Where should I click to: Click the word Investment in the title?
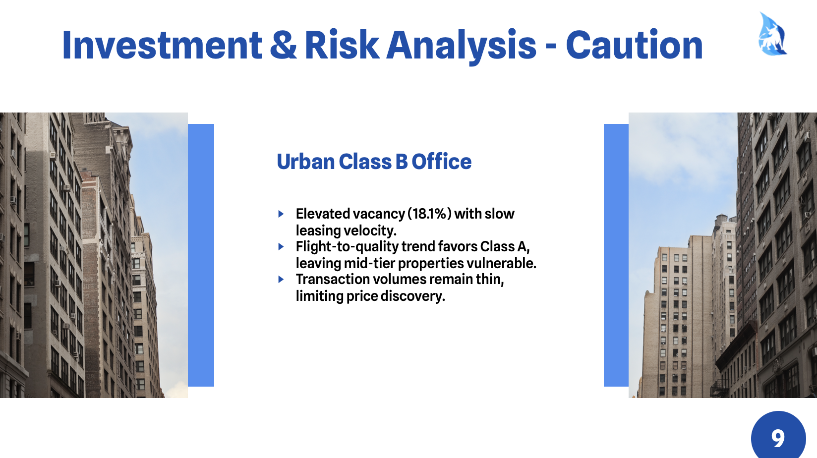click(x=162, y=45)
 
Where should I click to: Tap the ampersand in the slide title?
click(x=284, y=45)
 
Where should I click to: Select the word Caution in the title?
click(x=634, y=45)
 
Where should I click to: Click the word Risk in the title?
click(x=342, y=45)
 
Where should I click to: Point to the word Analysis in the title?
click(x=462, y=48)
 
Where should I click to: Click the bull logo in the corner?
click(x=773, y=34)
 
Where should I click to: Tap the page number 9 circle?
click(x=778, y=436)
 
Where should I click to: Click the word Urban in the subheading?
click(x=306, y=162)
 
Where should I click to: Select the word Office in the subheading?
click(x=442, y=162)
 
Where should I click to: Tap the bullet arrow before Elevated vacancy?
click(x=281, y=214)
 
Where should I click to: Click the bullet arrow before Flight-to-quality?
click(x=281, y=247)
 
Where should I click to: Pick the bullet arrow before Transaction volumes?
click(x=281, y=280)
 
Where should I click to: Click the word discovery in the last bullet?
click(x=413, y=296)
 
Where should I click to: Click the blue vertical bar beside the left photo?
click(x=201, y=255)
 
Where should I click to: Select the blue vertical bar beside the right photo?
click(x=616, y=255)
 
